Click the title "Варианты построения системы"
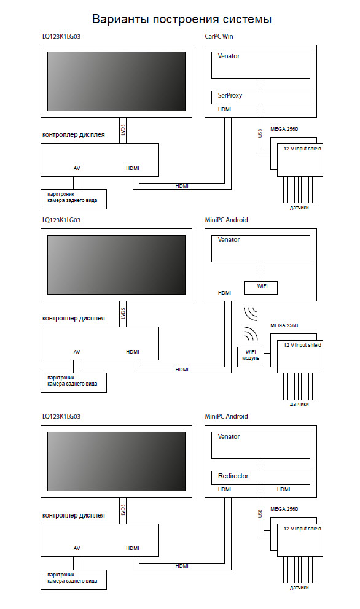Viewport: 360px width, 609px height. tap(182, 19)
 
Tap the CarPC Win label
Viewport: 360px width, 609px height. tap(219, 36)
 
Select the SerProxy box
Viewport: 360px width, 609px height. tap(260, 98)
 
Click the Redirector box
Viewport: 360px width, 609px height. tap(260, 478)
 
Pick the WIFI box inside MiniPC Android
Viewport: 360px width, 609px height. tap(260, 288)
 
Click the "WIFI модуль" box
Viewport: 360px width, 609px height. tap(251, 357)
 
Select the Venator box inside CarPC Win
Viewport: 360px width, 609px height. tap(260, 65)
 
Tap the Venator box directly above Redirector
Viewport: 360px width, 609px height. tap(260, 445)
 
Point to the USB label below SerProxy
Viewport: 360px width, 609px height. tap(260, 133)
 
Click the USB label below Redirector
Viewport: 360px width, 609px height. tap(260, 513)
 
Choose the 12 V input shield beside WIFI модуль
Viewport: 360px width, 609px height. tap(300, 357)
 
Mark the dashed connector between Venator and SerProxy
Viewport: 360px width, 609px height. tap(260, 85)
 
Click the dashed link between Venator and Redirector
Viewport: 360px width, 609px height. tap(260, 465)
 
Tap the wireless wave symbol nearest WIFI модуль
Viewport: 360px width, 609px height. tap(251, 333)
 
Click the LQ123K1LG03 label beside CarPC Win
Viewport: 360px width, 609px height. tap(61, 36)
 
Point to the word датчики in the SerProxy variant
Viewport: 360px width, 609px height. tap(299, 208)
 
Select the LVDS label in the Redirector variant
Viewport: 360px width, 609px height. tap(123, 510)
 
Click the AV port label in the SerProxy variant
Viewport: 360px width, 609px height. tap(77, 168)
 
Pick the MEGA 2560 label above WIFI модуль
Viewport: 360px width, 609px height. tap(284, 325)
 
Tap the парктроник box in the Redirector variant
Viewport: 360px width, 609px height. tap(74, 580)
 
